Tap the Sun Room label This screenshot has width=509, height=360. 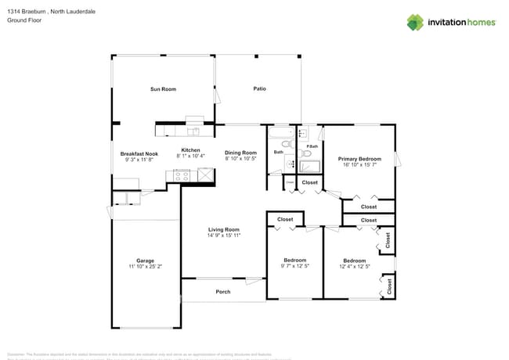click(x=163, y=89)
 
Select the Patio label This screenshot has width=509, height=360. click(x=259, y=88)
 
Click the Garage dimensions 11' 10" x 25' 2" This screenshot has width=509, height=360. click(x=145, y=267)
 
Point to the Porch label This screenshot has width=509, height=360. click(x=223, y=292)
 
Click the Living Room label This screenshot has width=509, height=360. click(x=223, y=229)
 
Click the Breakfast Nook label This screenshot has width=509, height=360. click(x=139, y=154)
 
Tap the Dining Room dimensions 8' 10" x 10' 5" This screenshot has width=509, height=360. click(x=240, y=159)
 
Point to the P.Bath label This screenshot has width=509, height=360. click(x=312, y=147)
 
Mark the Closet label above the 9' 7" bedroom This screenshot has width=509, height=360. click(x=285, y=220)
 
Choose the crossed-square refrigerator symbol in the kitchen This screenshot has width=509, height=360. click(x=205, y=176)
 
